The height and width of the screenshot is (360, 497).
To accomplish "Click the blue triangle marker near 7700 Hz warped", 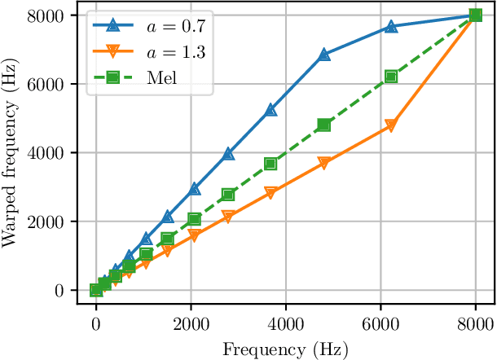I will point(391,26).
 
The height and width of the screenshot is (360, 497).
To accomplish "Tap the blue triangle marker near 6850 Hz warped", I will point(324,55).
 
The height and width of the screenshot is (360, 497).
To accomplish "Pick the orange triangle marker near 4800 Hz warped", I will point(391,126).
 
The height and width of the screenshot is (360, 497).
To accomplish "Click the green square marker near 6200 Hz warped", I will point(391,77).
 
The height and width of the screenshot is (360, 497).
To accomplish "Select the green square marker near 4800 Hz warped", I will point(324,125).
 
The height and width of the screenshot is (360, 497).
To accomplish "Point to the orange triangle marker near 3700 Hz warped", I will point(324,164).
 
